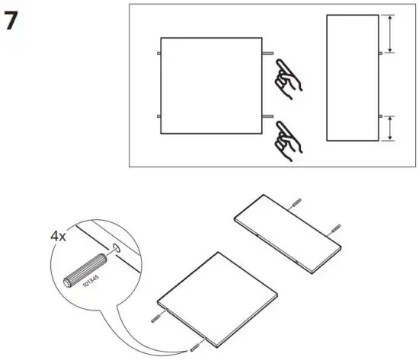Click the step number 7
pyautogui.click(x=11, y=21)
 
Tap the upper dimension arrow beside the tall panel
pyautogui.click(x=389, y=33)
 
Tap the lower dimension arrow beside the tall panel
pyautogui.click(x=389, y=127)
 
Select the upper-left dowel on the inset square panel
pyautogui.click(x=156, y=54)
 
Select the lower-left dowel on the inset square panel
pyautogui.click(x=156, y=115)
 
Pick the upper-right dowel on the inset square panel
pyautogui.click(x=270, y=54)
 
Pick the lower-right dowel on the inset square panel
pyautogui.click(x=270, y=115)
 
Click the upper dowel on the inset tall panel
pyautogui.click(x=379, y=54)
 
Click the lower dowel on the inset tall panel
pyautogui.click(x=379, y=115)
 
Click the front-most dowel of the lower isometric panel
pyautogui.click(x=194, y=347)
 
